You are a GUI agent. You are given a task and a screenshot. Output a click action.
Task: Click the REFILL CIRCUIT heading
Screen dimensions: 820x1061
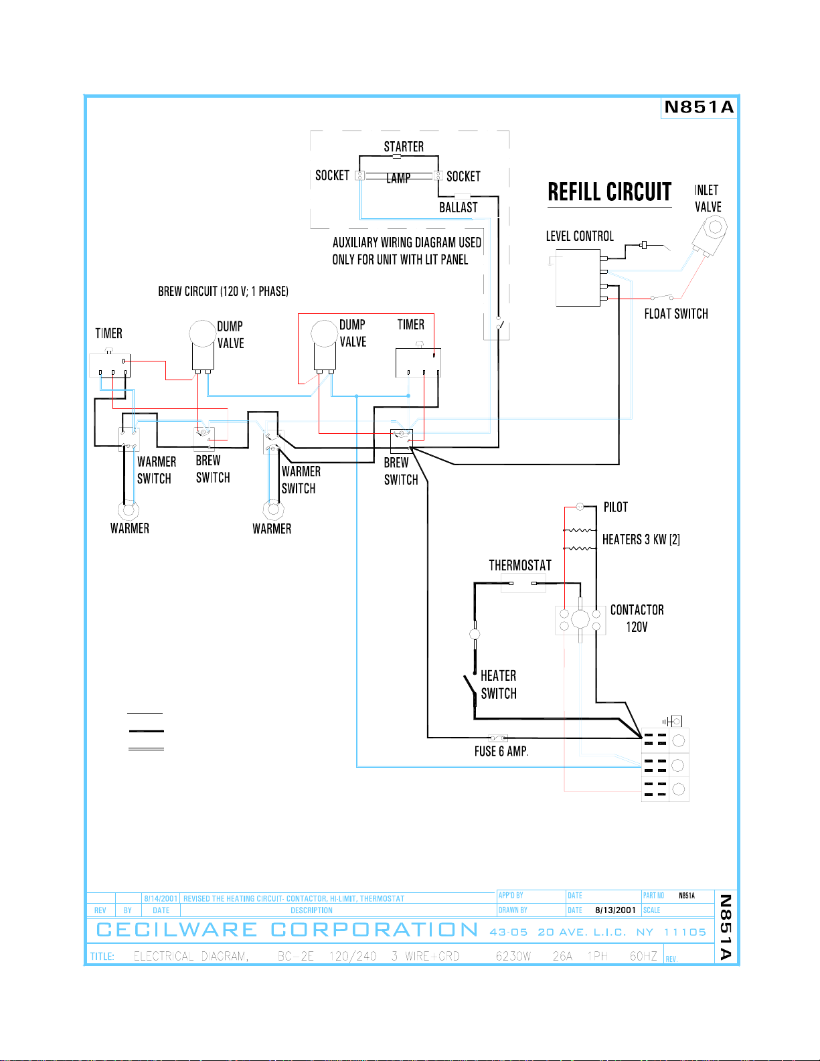pos(609,192)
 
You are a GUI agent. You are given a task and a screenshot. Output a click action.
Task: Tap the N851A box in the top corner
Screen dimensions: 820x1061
pos(698,107)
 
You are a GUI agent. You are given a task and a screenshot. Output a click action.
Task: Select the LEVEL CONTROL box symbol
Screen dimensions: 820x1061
pos(578,278)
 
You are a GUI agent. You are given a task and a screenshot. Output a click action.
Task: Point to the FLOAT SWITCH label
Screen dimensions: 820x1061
pos(676,314)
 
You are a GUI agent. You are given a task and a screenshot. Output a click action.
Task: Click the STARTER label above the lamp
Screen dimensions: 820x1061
pos(404,147)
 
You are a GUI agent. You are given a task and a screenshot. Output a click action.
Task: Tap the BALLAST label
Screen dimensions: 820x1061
pos(459,208)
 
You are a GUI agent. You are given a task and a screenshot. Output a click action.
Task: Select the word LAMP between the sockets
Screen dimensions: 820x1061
pos(398,178)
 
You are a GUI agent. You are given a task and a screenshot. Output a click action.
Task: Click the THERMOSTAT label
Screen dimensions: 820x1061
pos(520,566)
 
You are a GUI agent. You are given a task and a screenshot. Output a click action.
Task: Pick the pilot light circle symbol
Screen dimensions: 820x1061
pos(580,507)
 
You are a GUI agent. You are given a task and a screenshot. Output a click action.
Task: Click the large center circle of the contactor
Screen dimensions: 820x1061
pos(580,620)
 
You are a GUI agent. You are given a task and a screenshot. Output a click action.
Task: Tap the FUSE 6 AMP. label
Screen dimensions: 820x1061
pos(502,752)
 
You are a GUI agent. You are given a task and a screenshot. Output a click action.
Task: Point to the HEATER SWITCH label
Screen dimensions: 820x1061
pos(498,685)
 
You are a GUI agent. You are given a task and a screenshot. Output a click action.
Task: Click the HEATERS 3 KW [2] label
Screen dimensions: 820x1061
pos(641,540)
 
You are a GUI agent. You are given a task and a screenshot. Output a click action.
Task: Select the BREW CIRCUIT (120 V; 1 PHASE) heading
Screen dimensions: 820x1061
pos(223,291)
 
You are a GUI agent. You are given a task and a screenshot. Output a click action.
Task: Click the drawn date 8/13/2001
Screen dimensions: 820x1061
pos(615,910)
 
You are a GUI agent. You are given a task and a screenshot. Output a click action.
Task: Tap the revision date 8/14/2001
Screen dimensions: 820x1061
pos(161,898)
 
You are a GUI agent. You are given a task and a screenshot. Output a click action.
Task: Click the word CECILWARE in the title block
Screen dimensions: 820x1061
pos(177,930)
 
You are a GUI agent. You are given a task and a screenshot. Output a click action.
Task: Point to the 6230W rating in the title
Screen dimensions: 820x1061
pos(513,956)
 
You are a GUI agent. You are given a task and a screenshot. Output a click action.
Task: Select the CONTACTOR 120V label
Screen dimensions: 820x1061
pos(637,618)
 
